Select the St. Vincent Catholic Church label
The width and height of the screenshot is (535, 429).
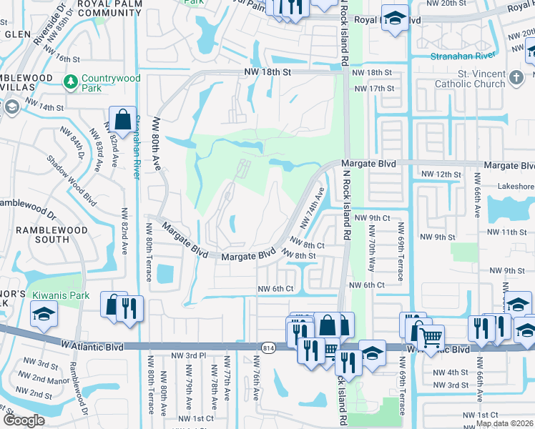[471, 78]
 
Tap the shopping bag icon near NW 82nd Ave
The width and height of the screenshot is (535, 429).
[122, 119]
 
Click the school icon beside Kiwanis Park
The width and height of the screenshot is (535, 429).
[44, 313]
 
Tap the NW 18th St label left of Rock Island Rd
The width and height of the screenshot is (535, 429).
[267, 72]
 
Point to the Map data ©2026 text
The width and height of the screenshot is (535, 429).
[504, 423]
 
